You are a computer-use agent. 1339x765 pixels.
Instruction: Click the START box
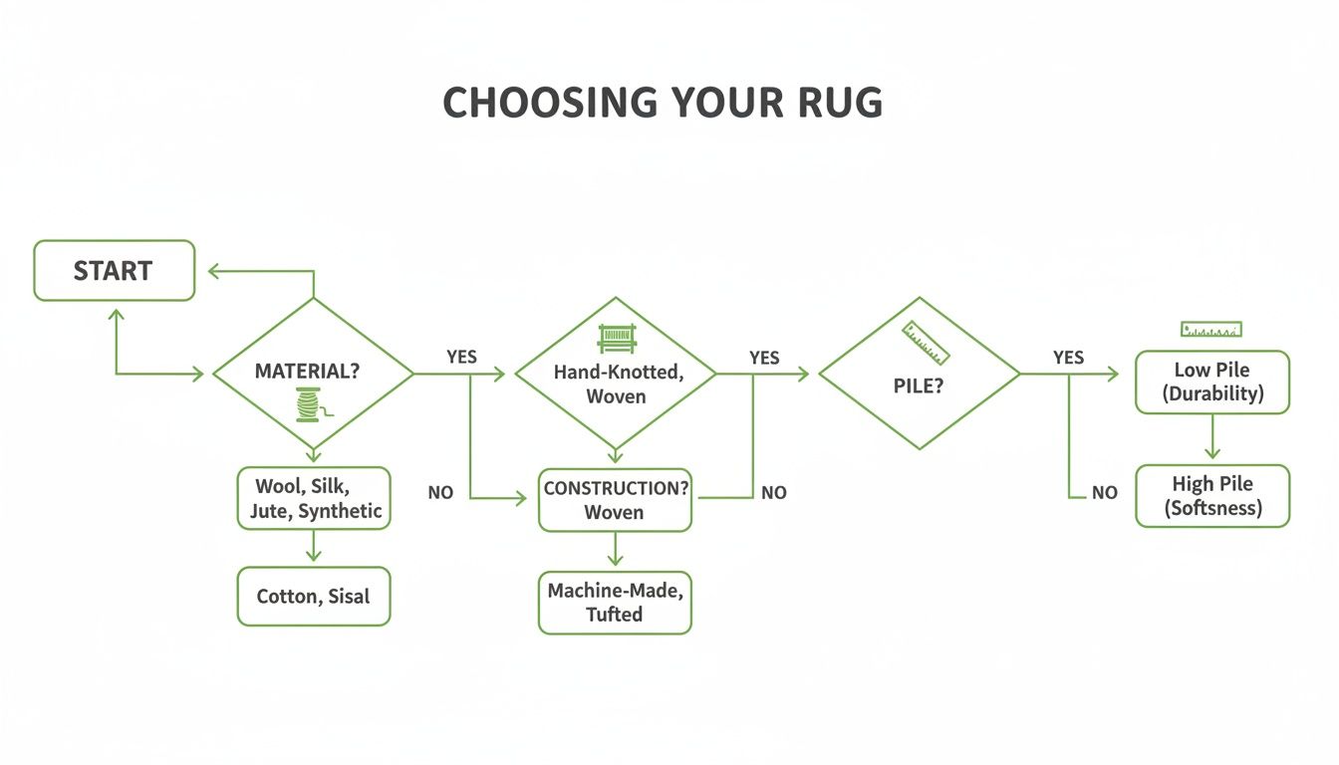[x=114, y=271]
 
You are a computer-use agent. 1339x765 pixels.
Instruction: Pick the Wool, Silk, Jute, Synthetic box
[x=313, y=499]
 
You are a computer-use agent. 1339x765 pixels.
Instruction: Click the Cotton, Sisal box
[x=313, y=597]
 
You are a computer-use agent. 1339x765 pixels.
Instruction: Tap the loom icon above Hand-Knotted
[x=614, y=339]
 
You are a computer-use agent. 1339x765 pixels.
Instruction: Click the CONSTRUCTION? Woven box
[x=615, y=500]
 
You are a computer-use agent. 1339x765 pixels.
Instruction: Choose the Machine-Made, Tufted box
[x=615, y=602]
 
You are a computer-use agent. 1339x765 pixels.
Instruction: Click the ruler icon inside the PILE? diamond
[x=926, y=342]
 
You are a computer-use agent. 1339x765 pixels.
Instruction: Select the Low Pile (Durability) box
[x=1212, y=382]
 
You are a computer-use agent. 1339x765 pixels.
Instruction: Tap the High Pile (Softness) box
[x=1212, y=496]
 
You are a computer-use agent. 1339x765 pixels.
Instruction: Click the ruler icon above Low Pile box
[x=1210, y=329]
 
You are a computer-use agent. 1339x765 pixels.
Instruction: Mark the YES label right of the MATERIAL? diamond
[x=461, y=357]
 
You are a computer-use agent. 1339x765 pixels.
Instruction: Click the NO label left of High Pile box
[x=1104, y=493]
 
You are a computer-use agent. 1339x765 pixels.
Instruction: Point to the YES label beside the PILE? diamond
[x=1068, y=358]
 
